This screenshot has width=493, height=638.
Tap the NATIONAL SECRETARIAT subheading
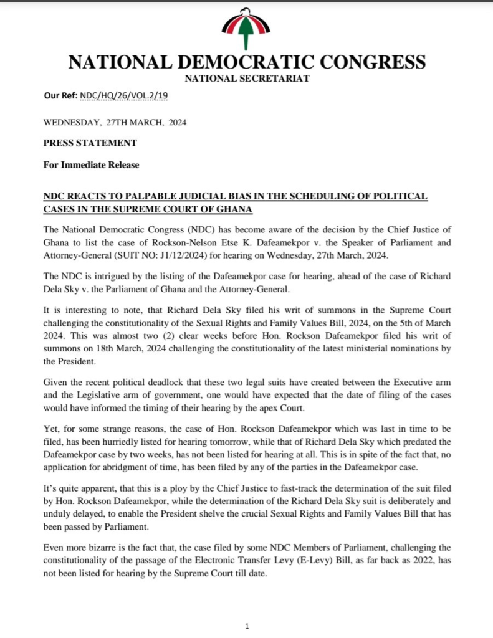[x=247, y=79]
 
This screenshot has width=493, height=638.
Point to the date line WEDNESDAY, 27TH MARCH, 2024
[x=115, y=123]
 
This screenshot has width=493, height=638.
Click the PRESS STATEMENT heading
[x=90, y=143]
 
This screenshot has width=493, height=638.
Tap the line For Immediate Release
[x=91, y=165]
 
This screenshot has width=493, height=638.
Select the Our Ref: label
[x=60, y=96]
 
